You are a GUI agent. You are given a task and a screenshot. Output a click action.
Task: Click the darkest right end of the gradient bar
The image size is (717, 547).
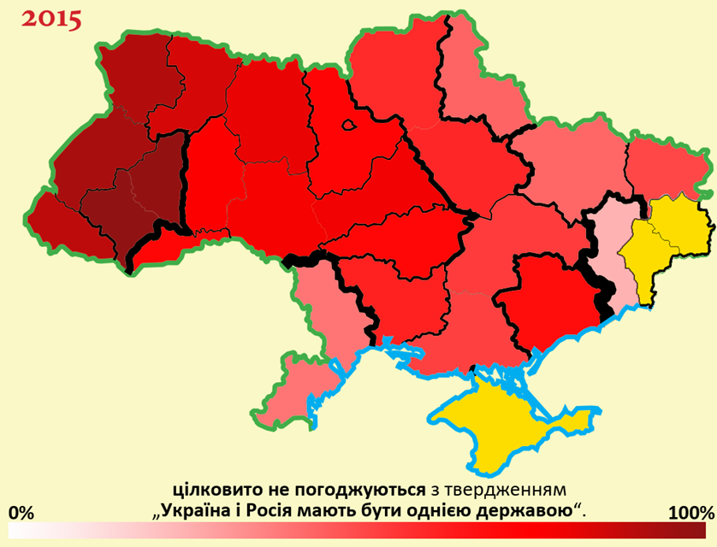706,533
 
